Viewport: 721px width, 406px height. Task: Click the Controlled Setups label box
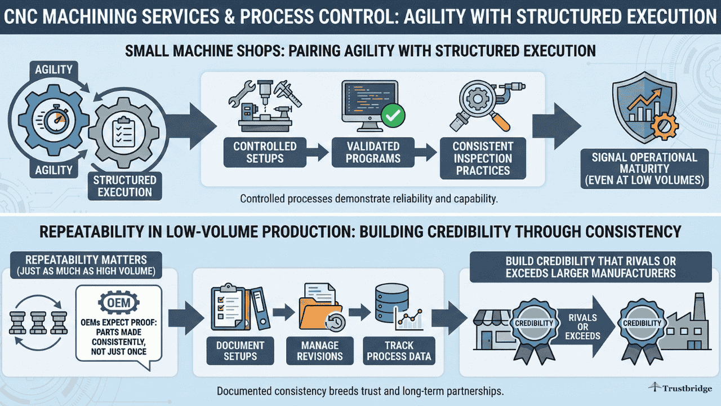265,152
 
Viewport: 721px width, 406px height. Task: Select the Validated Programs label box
372,152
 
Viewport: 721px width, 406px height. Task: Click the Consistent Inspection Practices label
483,158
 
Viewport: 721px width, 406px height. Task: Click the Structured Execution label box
124,186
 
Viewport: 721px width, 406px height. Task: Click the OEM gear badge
118,303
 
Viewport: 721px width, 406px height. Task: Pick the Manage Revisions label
319,350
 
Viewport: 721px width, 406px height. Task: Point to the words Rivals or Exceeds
582,326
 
